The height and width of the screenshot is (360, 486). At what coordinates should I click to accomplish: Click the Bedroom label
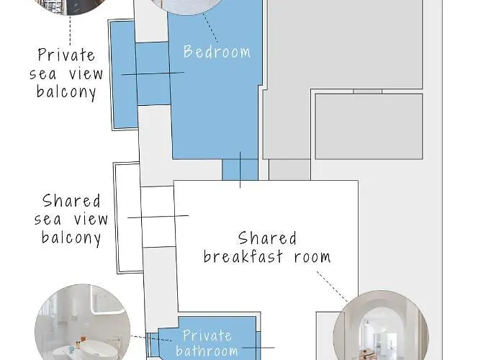pos(217,52)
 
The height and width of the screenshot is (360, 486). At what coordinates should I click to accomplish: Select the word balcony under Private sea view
pos(67,93)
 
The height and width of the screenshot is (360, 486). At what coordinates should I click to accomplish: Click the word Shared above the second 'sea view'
pos(71,201)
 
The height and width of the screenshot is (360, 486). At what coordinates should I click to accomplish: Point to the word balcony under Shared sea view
pos(71,238)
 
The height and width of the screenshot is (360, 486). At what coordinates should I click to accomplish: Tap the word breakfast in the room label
pos(248,257)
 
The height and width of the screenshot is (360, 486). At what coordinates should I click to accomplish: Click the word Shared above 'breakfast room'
pos(267,238)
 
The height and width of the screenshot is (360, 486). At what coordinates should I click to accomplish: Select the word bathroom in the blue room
pos(207,351)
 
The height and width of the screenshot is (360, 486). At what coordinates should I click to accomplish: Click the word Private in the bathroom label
pos(207,336)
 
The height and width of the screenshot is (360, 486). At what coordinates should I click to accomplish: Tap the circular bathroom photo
pos(82,324)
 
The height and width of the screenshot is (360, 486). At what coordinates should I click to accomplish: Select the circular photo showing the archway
pos(381,328)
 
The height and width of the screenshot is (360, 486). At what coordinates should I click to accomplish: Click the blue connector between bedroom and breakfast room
pos(240,170)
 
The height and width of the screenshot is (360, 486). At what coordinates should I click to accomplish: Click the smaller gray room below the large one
pos(369,127)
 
